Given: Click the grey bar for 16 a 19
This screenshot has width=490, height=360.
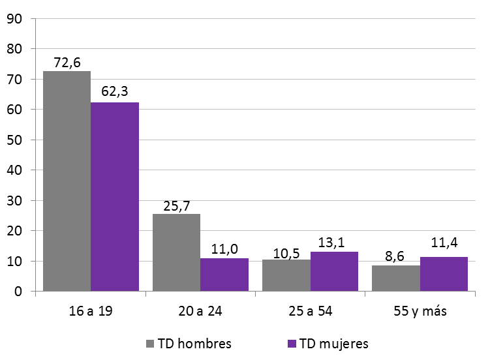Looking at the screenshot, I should [x=67, y=181].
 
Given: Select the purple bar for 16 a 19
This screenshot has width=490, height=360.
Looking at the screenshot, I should [x=115, y=197].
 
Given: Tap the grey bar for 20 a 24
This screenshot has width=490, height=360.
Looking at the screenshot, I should [x=176, y=252].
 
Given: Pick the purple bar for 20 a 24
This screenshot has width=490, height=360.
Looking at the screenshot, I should [x=224, y=275].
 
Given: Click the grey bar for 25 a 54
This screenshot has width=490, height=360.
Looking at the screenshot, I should [x=286, y=275].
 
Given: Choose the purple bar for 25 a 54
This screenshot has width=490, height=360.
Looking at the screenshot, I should [x=334, y=271].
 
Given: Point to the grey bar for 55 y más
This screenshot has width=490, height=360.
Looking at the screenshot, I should [x=396, y=278].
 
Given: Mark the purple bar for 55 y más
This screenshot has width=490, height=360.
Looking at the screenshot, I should [x=444, y=274].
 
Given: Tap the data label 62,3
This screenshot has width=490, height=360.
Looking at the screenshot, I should [x=115, y=94].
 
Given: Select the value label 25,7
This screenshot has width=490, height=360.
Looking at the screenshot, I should [x=176, y=205].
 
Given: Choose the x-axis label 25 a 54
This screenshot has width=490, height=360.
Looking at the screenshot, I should [x=310, y=310].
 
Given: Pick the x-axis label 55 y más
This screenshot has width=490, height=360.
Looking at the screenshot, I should [x=420, y=310].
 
